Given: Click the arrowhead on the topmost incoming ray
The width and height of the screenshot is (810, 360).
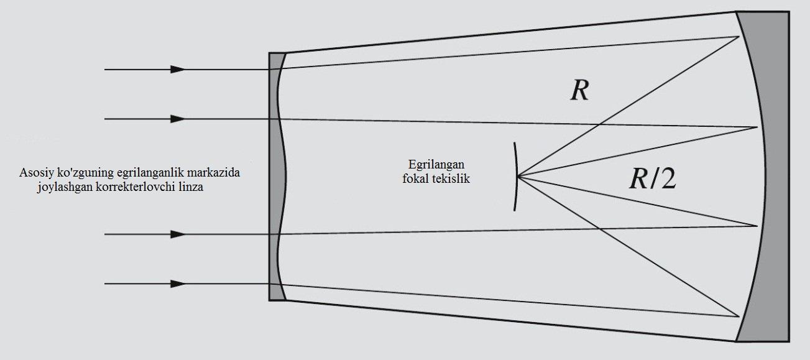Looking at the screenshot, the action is coord(178,69).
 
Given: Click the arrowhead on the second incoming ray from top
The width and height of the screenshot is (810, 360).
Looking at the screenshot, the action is coord(178,119).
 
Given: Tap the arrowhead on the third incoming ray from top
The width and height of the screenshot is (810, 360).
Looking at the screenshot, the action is coord(178,234).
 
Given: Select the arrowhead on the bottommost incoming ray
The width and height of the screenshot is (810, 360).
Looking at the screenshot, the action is coord(178,284).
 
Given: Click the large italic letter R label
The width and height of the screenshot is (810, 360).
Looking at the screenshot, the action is coord(579,90).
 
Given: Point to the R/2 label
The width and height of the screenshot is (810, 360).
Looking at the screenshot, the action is coord(653,178).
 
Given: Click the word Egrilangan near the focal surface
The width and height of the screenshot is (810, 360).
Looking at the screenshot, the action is coord(436,165).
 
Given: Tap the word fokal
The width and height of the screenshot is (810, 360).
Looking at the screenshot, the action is coord(415,178).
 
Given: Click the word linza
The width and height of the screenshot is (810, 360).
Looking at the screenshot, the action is coord(192,187).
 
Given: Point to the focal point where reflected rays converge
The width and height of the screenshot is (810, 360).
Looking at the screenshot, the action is coord(518,177).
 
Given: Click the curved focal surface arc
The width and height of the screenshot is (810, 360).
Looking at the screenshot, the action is coord(517,177).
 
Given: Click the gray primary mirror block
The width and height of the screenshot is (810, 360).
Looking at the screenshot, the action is coord(778,177).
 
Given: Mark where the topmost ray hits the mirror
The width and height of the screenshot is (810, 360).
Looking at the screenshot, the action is coord(739,37).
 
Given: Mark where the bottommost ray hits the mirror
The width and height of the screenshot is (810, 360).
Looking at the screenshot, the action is coord(739,316).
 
